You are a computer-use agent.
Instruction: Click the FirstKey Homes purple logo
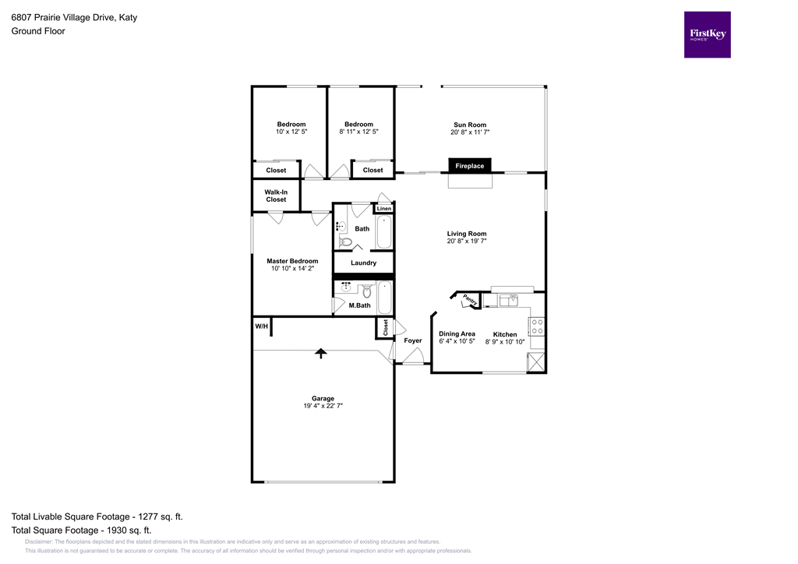(707, 34)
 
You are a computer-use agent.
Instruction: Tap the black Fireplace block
(469, 166)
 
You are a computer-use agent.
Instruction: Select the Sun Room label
(470, 125)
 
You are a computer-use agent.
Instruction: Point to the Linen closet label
(384, 209)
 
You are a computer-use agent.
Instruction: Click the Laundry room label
(363, 263)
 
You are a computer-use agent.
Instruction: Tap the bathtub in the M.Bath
(385, 297)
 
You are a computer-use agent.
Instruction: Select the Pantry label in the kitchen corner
(469, 299)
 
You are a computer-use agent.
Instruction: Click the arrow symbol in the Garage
(320, 354)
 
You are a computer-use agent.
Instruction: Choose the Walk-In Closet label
(276, 196)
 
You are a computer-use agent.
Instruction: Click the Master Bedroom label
(292, 261)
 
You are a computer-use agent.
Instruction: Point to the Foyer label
(412, 340)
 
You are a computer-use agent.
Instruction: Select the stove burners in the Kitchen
(537, 326)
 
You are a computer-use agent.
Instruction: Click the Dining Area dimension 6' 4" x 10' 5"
(457, 341)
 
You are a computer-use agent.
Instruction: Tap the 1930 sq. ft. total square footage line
(81, 530)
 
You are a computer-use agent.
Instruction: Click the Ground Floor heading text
(37, 31)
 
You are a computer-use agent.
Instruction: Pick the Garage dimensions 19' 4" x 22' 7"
(323, 406)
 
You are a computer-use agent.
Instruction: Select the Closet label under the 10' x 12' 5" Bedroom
(276, 170)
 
